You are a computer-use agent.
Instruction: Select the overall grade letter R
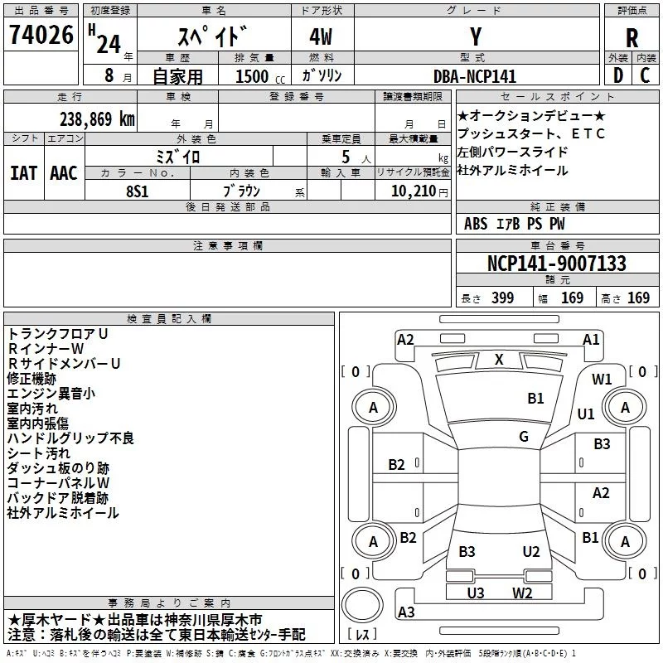632,37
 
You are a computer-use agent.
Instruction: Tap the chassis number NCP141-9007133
556,264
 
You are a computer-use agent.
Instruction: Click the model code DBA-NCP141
475,76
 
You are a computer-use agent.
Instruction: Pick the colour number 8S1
138,190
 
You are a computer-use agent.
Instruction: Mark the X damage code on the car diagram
499,359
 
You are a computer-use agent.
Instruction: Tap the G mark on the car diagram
524,437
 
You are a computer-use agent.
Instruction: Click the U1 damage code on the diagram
586,414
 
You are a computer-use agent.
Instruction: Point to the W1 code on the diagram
602,380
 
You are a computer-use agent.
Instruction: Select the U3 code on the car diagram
476,593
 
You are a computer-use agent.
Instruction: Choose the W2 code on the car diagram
522,593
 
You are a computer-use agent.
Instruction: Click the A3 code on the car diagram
406,612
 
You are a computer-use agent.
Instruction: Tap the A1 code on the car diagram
591,339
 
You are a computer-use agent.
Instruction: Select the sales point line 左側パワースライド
512,152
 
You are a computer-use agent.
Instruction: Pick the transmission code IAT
23,172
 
